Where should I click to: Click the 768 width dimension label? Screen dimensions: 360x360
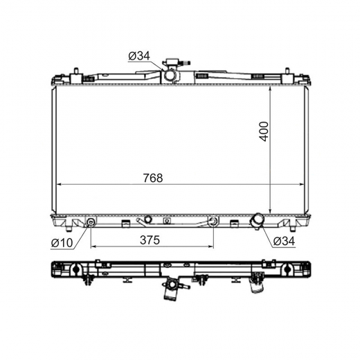click(153, 178)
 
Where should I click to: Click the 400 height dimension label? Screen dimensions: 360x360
click(264, 132)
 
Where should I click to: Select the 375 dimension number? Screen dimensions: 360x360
click(150, 240)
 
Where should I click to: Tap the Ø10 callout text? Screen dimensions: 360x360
click(62, 243)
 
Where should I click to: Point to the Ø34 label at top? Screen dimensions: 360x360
click(139, 56)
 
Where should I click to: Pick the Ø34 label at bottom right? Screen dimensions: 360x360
click(284, 242)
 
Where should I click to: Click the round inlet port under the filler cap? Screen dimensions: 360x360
click(170, 75)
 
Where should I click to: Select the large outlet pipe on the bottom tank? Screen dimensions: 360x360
click(256, 222)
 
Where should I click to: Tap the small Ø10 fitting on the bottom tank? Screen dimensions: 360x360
click(91, 222)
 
